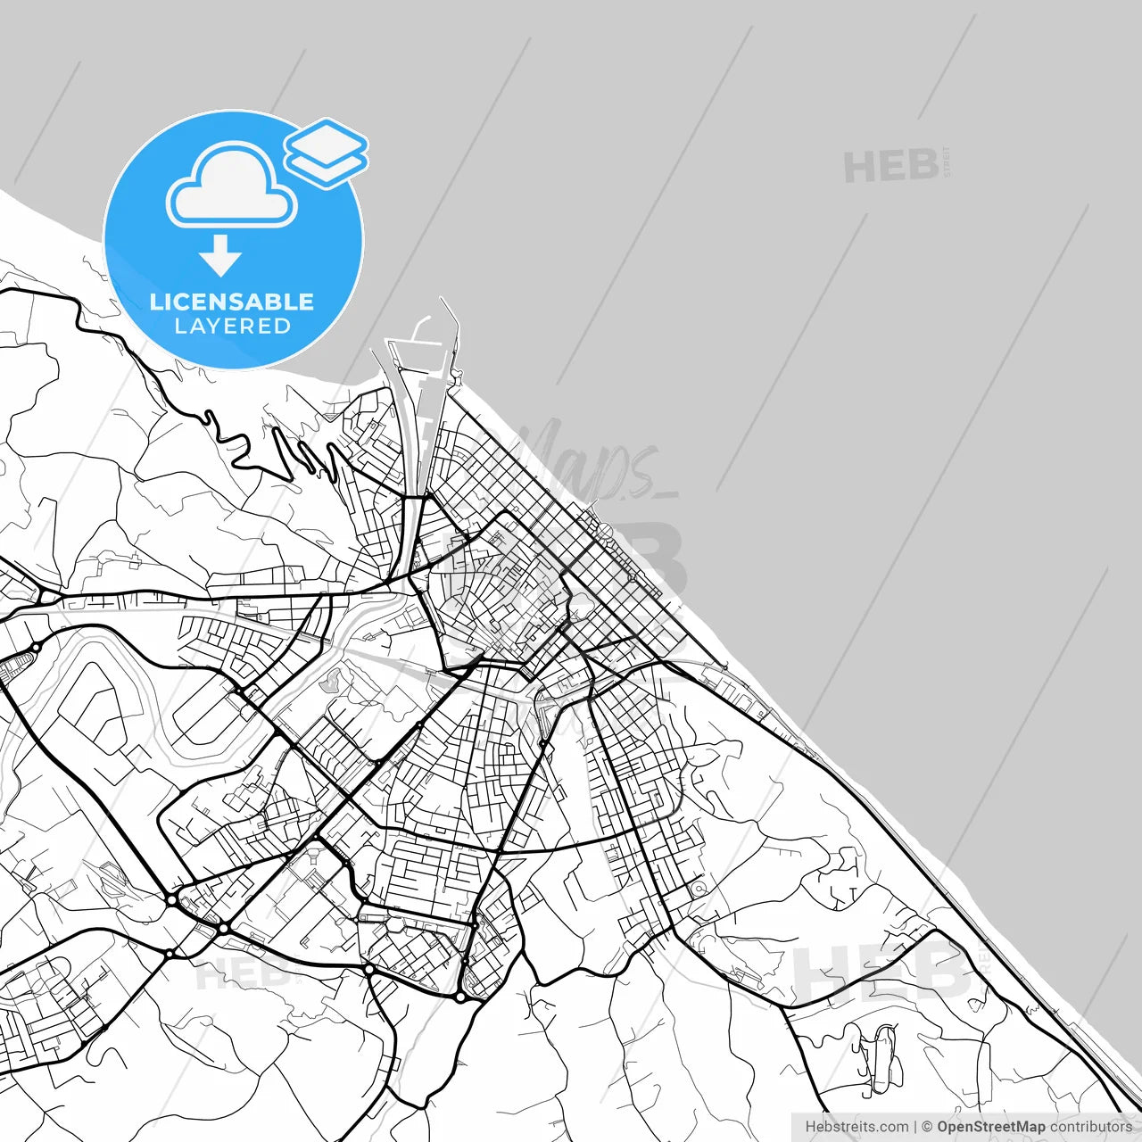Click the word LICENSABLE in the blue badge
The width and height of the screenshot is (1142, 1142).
click(x=232, y=302)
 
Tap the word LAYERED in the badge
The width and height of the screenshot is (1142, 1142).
click(x=232, y=327)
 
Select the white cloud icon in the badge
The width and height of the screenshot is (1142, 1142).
click(x=232, y=186)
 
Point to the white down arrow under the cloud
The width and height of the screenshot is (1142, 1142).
click(x=220, y=256)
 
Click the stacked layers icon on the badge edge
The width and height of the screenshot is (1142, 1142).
click(x=326, y=153)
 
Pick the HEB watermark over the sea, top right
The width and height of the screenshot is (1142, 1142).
click(x=890, y=167)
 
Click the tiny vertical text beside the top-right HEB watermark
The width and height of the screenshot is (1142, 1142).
click(x=947, y=162)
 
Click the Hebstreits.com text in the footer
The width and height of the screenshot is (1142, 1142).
click(x=856, y=1127)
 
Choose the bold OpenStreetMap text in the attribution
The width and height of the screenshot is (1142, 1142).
click(x=990, y=1127)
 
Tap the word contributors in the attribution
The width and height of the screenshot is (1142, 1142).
click(x=1090, y=1127)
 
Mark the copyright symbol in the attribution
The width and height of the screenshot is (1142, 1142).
click(x=927, y=1127)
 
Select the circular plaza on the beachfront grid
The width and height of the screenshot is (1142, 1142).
click(x=605, y=532)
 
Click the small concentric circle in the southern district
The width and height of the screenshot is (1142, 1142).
click(x=699, y=889)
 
